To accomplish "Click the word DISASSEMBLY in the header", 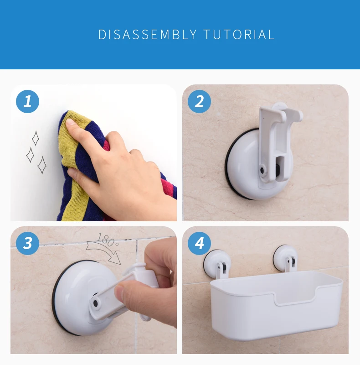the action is tap(148, 35).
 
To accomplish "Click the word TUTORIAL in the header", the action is tap(239, 35).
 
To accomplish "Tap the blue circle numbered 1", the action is tap(27, 101).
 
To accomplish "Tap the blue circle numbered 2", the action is tap(199, 101).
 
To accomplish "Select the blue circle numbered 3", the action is tap(27, 243).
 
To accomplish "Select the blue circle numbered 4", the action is tap(199, 243).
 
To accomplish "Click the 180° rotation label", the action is tap(107, 240).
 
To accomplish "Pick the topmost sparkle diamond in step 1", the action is tap(36, 138).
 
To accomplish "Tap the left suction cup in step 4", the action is tap(217, 263).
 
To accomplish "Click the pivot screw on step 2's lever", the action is tap(262, 170).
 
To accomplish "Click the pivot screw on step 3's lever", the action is tap(95, 303).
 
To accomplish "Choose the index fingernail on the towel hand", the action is tap(70, 122).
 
